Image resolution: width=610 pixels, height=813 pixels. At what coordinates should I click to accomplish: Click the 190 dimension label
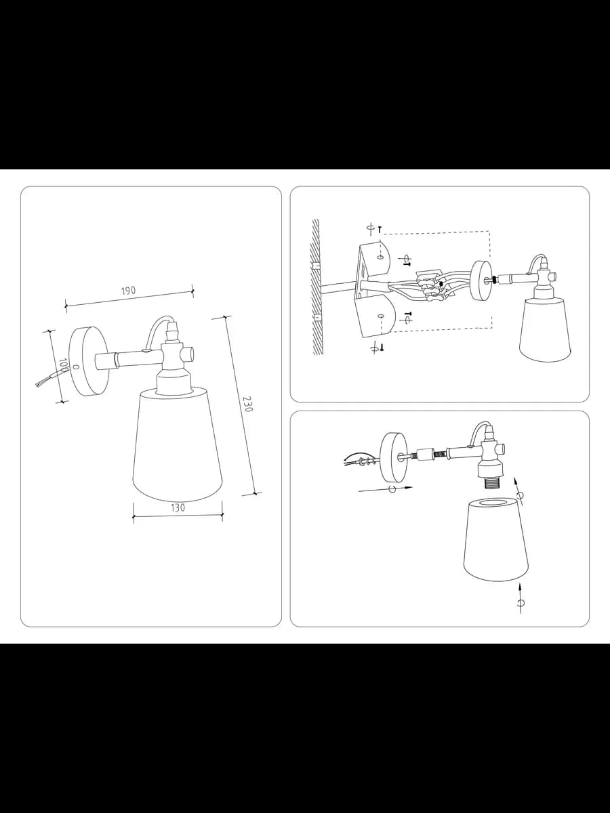[x=129, y=291]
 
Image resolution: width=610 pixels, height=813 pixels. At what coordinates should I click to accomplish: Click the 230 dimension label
[x=247, y=404]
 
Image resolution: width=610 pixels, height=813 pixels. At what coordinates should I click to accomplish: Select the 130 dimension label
[x=178, y=508]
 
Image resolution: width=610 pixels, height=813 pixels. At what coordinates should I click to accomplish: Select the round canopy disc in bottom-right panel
[x=394, y=457]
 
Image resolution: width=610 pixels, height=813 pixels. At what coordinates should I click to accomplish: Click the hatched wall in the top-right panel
[x=316, y=287]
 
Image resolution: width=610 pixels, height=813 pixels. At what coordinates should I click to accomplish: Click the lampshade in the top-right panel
[x=545, y=329]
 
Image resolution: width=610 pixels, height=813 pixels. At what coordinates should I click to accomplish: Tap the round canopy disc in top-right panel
[x=482, y=280]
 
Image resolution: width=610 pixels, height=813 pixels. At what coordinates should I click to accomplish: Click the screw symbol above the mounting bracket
[x=380, y=230]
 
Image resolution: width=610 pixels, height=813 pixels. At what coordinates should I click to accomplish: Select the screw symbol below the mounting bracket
[x=382, y=347]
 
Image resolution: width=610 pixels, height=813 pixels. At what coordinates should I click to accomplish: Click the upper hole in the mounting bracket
[x=380, y=257]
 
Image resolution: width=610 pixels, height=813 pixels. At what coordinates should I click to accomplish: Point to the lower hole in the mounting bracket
[x=380, y=316]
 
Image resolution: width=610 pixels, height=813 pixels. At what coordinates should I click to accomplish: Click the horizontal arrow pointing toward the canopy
[x=386, y=489]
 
